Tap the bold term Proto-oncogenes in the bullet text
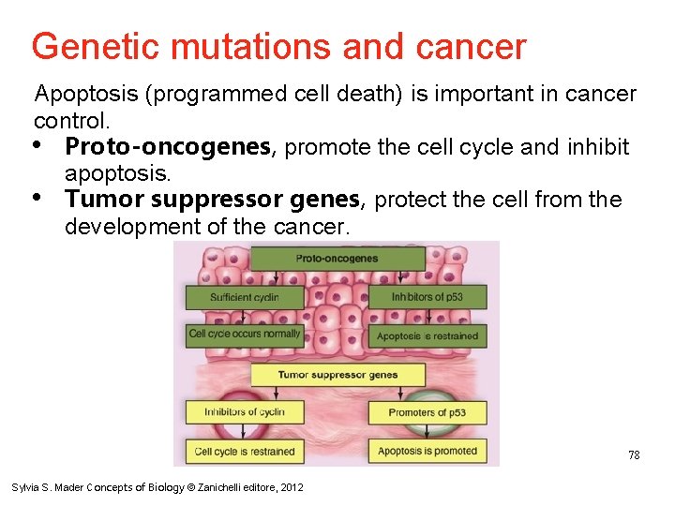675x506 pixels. tap(170, 147)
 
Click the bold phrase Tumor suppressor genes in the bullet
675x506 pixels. tap(213, 200)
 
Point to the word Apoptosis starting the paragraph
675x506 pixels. tap(79, 94)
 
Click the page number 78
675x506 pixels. tap(634, 455)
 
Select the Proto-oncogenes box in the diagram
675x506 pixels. tap(337, 258)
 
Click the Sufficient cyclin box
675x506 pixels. tap(244, 298)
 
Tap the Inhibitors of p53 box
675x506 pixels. tap(427, 298)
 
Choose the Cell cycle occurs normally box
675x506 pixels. tap(244, 335)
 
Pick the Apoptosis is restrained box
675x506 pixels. tap(427, 335)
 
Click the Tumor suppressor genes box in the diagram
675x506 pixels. tap(337, 375)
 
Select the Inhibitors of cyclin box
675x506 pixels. tap(244, 412)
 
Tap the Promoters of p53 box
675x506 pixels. tap(427, 412)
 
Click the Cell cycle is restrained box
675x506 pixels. tap(244, 451)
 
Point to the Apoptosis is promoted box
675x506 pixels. tap(427, 451)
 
